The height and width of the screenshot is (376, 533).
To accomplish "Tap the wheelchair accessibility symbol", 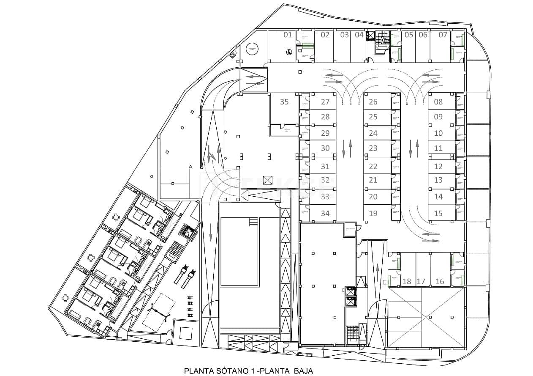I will coord(289,52).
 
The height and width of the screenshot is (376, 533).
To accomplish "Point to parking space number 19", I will coord(373,214).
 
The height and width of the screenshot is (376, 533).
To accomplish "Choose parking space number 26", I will coord(373,102).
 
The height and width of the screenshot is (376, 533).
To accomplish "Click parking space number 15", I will coord(438,214).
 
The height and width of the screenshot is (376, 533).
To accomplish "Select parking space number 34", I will coord(325,214).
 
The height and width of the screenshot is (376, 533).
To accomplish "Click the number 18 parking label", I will coord(407,282).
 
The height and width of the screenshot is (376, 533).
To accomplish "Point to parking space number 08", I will coord(438,102).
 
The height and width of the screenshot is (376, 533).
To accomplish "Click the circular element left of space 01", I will coord(253,49).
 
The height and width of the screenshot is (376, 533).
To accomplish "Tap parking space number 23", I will coord(373,148).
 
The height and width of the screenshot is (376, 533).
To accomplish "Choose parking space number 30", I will coord(325,148).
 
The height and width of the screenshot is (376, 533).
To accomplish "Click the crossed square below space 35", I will coord(268,180).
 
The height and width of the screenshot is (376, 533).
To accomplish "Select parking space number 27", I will coord(325,102).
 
